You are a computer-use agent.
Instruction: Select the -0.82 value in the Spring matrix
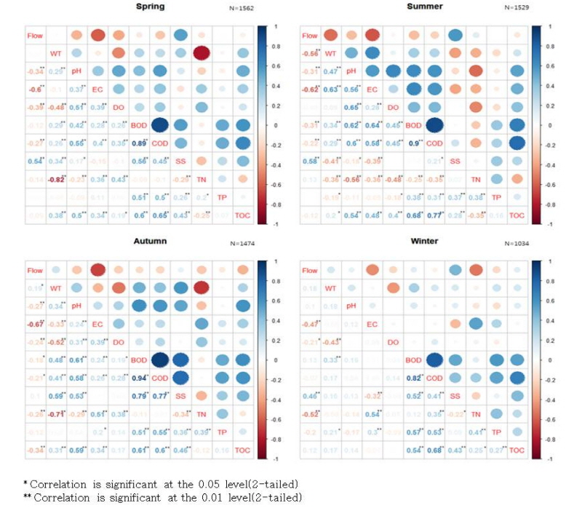(55, 179)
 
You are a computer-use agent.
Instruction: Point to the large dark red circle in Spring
(202, 52)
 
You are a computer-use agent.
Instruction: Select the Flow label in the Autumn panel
(34, 271)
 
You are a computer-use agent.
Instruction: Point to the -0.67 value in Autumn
(34, 325)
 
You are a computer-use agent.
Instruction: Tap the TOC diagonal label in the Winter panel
(517, 451)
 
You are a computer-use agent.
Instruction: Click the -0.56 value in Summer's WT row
(311, 53)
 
